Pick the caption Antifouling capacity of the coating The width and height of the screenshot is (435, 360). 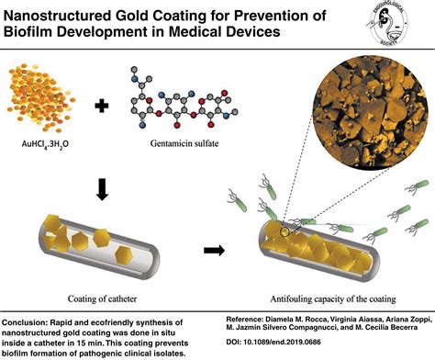(x=315, y=297)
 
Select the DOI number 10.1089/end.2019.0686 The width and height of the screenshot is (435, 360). (x=317, y=349)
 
